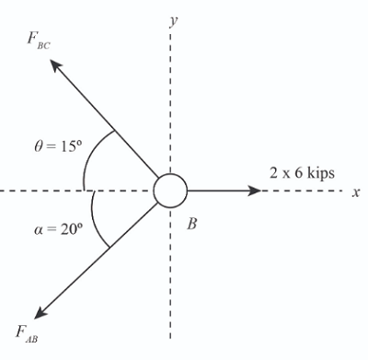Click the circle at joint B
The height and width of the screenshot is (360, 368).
coord(170,191)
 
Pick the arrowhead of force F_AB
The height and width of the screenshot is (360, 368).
coord(39,313)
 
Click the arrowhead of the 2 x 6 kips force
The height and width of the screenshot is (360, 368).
coord(255,191)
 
